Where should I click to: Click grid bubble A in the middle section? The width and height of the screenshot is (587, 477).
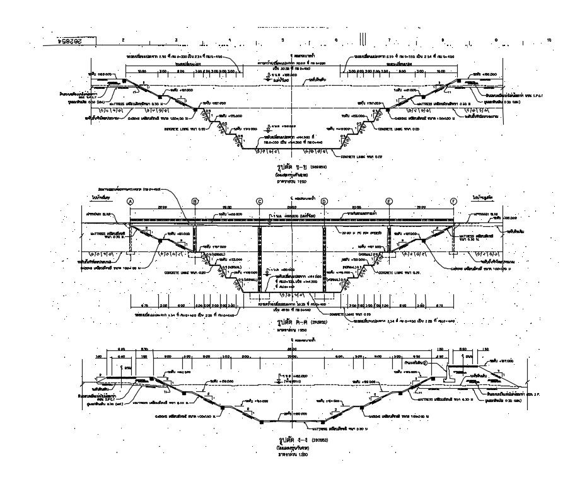pyautogui.click(x=131, y=201)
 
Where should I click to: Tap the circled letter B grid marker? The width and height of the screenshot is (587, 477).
pyautogui.click(x=195, y=201)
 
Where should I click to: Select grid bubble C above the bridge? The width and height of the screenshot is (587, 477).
pyautogui.click(x=259, y=201)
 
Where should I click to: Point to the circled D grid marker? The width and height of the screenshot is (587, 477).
pyautogui.click(x=324, y=201)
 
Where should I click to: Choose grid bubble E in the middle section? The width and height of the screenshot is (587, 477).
pyautogui.click(x=389, y=201)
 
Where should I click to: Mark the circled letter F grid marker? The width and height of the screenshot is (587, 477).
pyautogui.click(x=454, y=201)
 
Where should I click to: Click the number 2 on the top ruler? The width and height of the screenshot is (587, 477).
pyautogui.click(x=123, y=40)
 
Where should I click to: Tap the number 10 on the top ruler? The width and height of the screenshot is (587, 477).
pyautogui.click(x=550, y=40)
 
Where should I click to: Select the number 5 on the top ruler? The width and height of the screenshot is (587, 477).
pyautogui.click(x=282, y=40)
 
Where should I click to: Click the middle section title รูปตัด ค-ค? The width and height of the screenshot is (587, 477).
pyautogui.click(x=277, y=322)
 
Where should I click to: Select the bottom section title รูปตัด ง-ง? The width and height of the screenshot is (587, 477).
pyautogui.click(x=277, y=439)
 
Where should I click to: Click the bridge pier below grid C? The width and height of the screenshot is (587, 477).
pyautogui.click(x=259, y=258)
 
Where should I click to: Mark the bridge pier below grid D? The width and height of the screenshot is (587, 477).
pyautogui.click(x=324, y=258)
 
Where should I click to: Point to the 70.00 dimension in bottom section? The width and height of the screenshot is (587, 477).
pyautogui.click(x=291, y=357)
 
